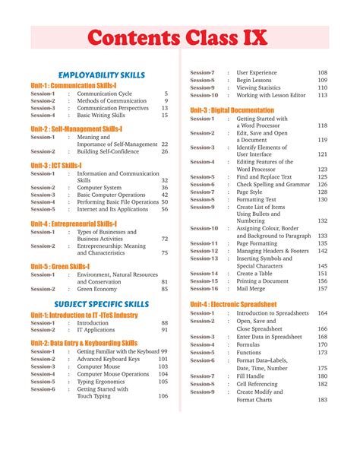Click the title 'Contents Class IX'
coord(180,36)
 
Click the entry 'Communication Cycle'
coord(105,94)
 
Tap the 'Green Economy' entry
coord(97,289)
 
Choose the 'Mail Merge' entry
coord(252,289)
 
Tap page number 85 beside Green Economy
coord(164,289)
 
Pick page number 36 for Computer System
coord(164,187)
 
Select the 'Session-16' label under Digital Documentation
coord(203,289)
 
